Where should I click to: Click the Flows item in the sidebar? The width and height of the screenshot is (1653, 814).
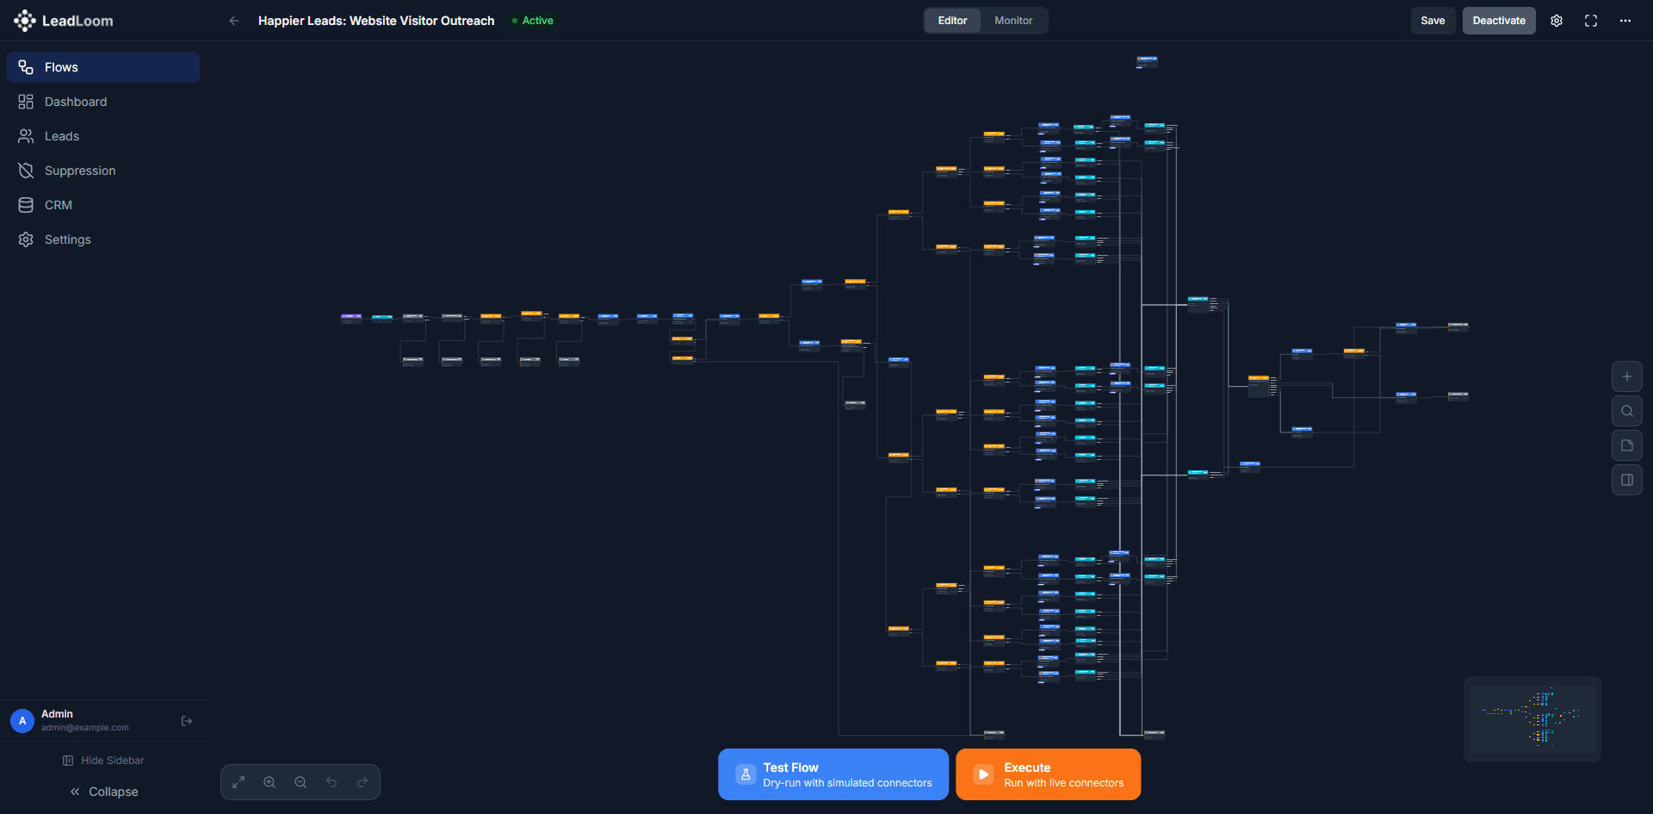pyautogui.click(x=60, y=67)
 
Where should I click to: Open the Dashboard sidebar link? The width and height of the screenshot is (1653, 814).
pyautogui.click(x=75, y=102)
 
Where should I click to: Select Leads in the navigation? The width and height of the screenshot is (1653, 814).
pyautogui.click(x=61, y=136)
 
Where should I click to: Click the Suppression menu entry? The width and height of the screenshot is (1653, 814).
pyautogui.click(x=79, y=171)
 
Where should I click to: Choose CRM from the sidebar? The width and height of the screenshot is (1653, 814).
pyautogui.click(x=58, y=205)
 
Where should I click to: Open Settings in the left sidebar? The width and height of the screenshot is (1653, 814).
pyautogui.click(x=67, y=239)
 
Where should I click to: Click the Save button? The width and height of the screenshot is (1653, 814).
pyautogui.click(x=1433, y=21)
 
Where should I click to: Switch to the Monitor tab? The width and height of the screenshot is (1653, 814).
pyautogui.click(x=1013, y=21)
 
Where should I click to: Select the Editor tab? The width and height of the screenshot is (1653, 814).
pyautogui.click(x=952, y=21)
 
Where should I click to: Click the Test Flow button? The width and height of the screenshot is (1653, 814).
pyautogui.click(x=833, y=774)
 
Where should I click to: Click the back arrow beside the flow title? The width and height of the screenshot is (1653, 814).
pyautogui.click(x=234, y=21)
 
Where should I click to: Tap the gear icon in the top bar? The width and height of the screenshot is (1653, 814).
pyautogui.click(x=1557, y=21)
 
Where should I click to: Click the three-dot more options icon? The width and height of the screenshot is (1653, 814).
pyautogui.click(x=1625, y=21)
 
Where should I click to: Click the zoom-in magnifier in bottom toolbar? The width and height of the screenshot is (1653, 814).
pyautogui.click(x=269, y=782)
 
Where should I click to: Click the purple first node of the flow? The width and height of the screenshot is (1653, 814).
pyautogui.click(x=350, y=317)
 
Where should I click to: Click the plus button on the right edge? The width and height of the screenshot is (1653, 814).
pyautogui.click(x=1627, y=376)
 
